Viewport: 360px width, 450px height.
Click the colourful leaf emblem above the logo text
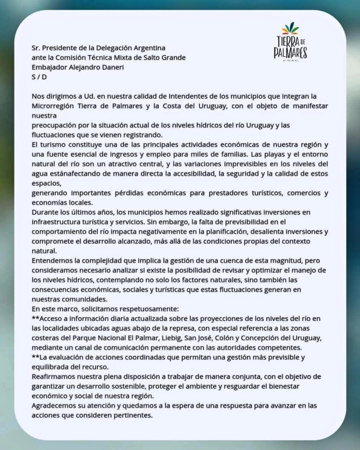[x=290, y=29]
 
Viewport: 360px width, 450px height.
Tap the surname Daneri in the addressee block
[x=111, y=67]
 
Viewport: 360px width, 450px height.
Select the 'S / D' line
[x=39, y=77]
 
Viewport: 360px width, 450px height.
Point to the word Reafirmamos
[x=53, y=376]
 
